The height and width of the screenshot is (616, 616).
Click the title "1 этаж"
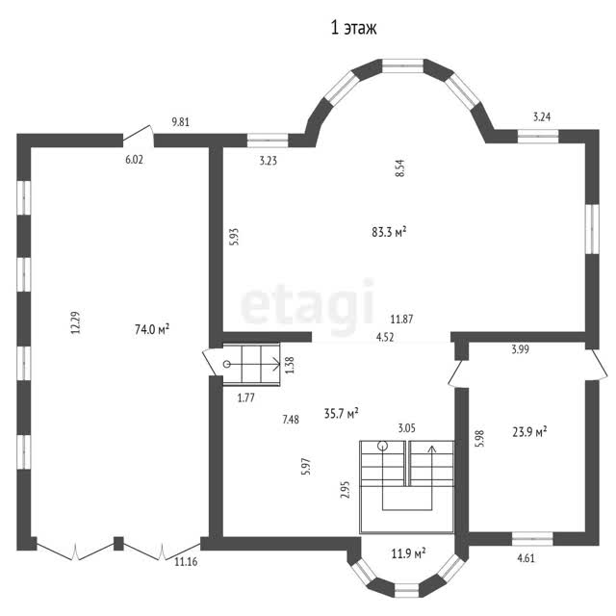tap(353, 28)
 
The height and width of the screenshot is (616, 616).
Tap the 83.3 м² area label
tap(389, 232)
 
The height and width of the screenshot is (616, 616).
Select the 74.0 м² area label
tap(152, 329)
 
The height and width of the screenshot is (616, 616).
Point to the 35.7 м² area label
tap(341, 413)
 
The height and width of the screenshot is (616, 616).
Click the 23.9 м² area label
tap(529, 432)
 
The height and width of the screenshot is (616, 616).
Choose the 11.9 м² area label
tap(408, 554)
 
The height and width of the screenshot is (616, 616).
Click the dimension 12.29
tap(75, 322)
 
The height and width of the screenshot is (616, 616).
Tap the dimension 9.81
tap(181, 122)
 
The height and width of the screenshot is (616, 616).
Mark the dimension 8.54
tap(400, 168)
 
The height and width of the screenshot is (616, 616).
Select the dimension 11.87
tap(401, 320)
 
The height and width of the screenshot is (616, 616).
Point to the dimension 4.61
tap(526, 558)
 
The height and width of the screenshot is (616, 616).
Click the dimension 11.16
tap(186, 562)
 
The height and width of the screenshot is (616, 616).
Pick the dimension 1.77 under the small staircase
tap(246, 398)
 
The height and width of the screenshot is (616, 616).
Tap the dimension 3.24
tap(542, 116)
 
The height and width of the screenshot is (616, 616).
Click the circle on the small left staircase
tap(227, 364)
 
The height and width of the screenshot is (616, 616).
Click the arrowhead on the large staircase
tap(432, 449)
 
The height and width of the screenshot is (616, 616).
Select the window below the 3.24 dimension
tap(538, 137)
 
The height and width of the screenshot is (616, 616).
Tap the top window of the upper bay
tap(402, 65)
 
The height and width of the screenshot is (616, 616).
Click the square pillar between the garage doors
tap(118, 544)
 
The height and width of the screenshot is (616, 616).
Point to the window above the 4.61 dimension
tap(532, 539)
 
